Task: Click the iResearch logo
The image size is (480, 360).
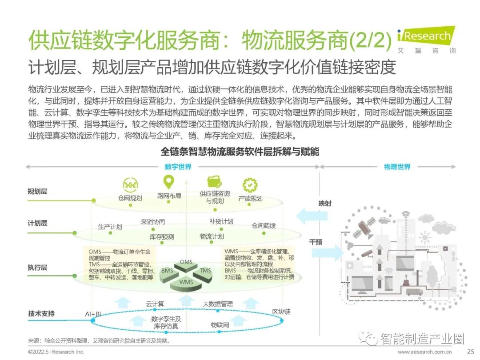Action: pos(426,39)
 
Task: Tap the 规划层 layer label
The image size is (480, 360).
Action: pos(37,192)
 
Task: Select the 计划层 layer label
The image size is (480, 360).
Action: pos(37,223)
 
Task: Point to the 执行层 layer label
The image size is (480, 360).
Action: pos(37,268)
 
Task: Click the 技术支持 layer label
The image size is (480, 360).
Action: pos(41,314)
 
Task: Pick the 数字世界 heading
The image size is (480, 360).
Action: pos(178,167)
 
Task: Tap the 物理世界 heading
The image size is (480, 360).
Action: pos(397,167)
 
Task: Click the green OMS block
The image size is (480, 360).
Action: pos(187,263)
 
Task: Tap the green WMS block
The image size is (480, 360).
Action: pos(186,281)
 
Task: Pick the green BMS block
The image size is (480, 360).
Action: pos(168,271)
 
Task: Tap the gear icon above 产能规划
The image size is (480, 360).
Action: pos(250,184)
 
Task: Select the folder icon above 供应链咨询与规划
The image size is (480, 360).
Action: pos(215,182)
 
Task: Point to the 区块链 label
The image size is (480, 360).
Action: pos(281,312)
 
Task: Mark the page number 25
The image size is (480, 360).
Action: pos(471,352)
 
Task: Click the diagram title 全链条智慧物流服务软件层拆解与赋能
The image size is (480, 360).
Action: pos(240,152)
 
